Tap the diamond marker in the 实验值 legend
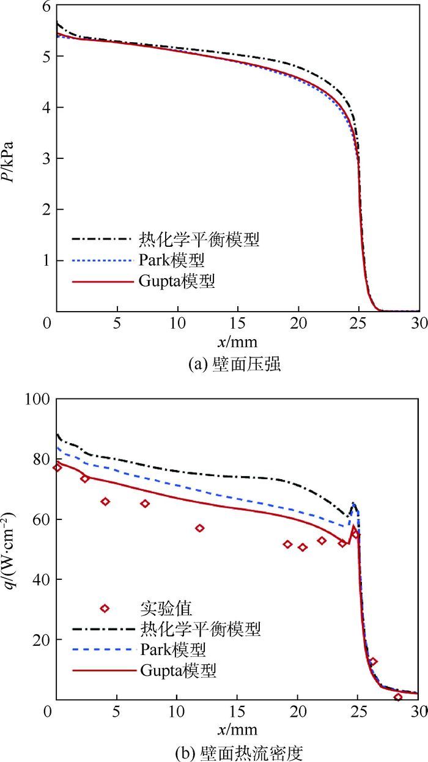coord(105,608)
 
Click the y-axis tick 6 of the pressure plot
coord(44,6)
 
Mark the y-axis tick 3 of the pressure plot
coord(44,158)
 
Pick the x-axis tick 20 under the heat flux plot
coord(298,712)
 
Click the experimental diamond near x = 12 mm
coord(199,528)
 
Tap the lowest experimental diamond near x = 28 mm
coord(398,697)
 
